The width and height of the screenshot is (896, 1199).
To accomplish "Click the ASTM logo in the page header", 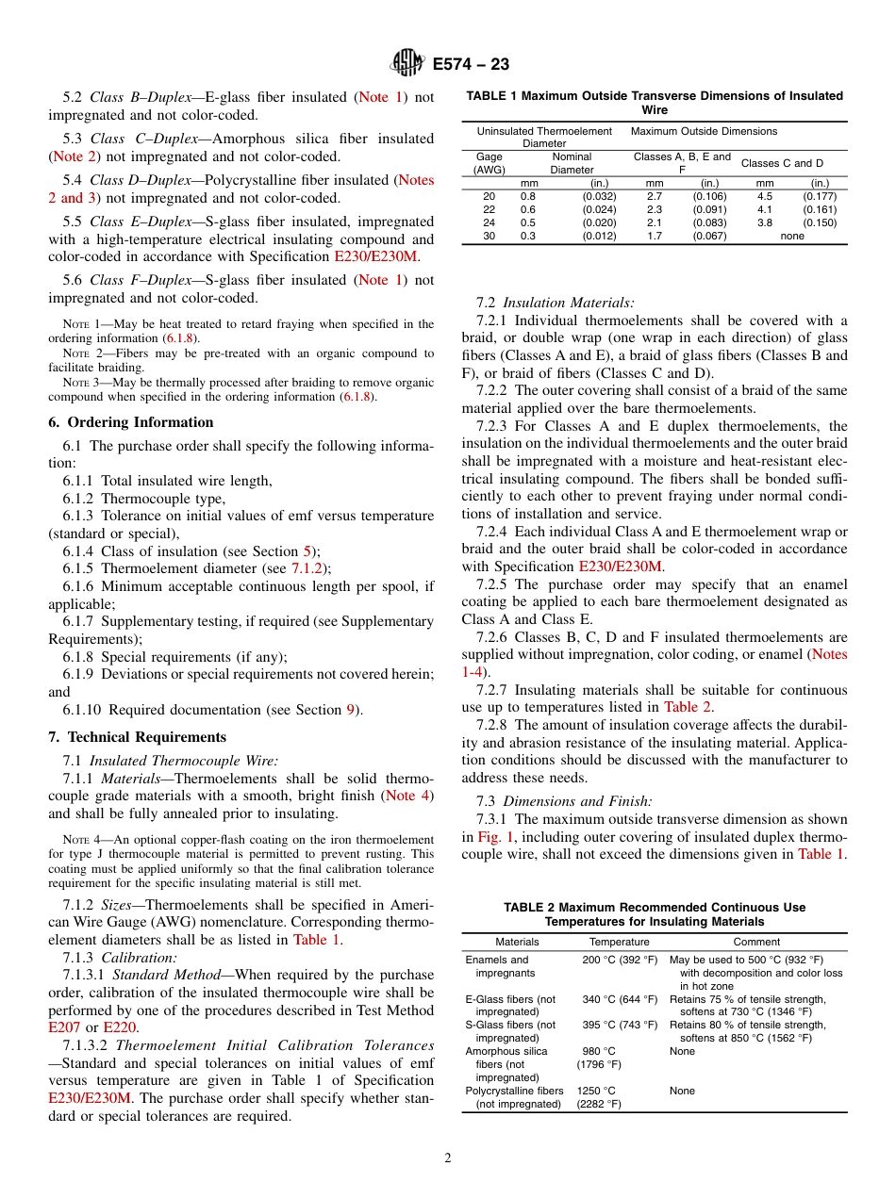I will point(407,63).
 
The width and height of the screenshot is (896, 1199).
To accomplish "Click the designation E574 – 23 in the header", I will point(471,64).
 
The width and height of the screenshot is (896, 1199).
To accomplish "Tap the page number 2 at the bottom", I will point(448,1158).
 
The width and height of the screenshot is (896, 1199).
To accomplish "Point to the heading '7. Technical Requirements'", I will point(138,737).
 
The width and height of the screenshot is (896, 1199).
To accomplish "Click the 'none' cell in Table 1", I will point(792,236).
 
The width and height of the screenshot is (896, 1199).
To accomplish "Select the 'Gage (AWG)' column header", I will point(489,163).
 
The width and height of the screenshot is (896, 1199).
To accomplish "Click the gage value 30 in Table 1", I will point(489,236).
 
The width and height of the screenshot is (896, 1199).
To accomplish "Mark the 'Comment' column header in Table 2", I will point(756,942).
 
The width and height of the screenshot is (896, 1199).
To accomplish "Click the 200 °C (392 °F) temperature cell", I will point(619,960).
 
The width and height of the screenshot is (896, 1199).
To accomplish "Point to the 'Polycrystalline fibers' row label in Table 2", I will point(514,1091).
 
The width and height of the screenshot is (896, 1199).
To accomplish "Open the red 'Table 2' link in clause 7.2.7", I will point(694,707).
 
